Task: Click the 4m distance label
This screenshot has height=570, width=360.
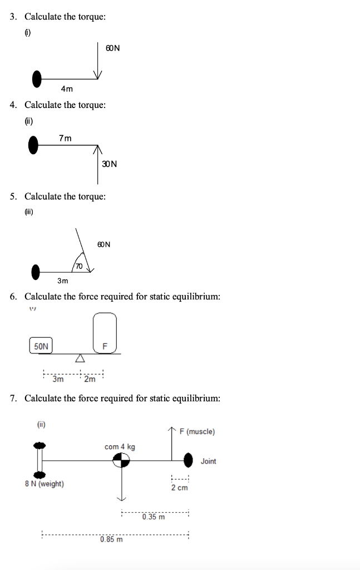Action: (67, 89)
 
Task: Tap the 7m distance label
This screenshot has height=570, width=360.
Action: (65, 138)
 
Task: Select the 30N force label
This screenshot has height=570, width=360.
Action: (110, 164)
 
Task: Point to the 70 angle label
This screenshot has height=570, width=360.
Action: (79, 266)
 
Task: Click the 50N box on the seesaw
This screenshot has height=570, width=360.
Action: (41, 346)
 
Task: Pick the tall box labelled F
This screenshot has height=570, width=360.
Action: (105, 333)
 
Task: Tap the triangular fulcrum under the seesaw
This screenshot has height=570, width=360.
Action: (80, 358)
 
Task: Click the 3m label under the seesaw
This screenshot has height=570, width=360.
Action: (58, 380)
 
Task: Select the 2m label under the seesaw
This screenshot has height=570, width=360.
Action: (90, 380)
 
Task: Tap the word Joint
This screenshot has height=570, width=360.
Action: (208, 461)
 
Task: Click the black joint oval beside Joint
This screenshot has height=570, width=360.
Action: (189, 460)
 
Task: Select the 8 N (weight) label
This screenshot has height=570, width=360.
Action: (45, 484)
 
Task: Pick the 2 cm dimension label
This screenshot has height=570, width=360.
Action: (179, 488)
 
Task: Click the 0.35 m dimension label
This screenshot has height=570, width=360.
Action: (153, 517)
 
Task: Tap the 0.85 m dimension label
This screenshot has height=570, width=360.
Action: (111, 539)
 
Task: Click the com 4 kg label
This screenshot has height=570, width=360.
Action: (120, 446)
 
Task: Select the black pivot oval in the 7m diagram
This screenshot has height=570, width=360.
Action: (33, 146)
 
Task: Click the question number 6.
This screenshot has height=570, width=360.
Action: (13, 296)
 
